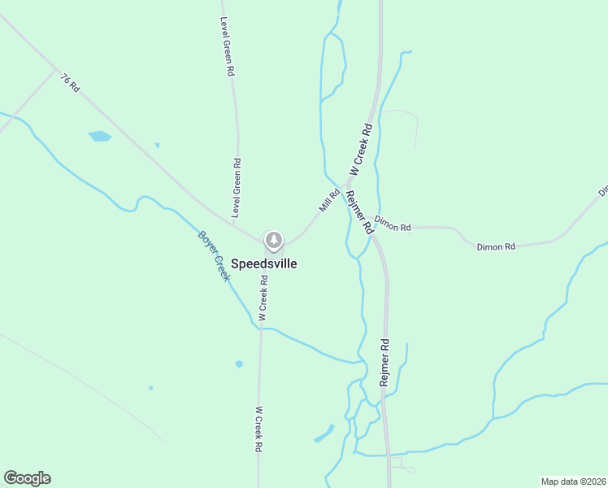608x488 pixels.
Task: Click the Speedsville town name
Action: (x=264, y=264)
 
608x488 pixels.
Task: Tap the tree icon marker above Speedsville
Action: (x=274, y=240)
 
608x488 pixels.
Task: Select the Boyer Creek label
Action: (x=215, y=256)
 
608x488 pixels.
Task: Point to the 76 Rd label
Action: (x=70, y=81)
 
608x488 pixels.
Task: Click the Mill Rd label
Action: (x=329, y=201)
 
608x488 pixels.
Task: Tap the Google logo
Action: (x=27, y=478)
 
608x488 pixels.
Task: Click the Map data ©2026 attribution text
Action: (x=573, y=481)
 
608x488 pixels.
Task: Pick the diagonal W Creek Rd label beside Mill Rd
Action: (x=360, y=149)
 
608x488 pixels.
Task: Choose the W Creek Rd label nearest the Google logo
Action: (x=258, y=429)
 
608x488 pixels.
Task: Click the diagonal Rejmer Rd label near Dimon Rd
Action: (x=358, y=212)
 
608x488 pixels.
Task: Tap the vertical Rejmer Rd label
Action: (x=385, y=362)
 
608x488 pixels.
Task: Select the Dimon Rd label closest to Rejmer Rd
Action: (x=393, y=227)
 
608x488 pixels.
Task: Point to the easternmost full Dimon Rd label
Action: (x=496, y=246)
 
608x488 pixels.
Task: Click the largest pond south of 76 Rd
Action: (x=99, y=136)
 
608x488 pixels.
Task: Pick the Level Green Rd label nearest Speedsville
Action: (x=237, y=187)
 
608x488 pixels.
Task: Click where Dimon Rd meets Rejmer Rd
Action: (x=375, y=228)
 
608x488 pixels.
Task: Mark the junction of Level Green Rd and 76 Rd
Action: (x=241, y=226)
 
